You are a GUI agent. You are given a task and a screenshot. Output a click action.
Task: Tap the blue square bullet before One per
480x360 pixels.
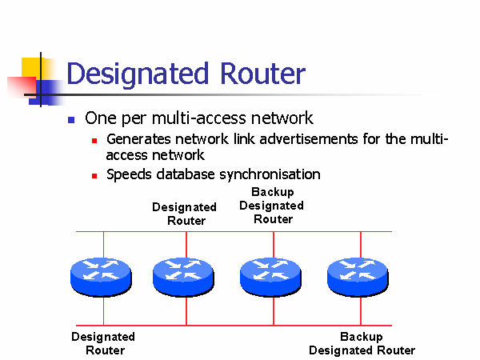pos(70,119)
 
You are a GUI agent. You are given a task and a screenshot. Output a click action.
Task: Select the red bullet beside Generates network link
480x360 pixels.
pos(94,141)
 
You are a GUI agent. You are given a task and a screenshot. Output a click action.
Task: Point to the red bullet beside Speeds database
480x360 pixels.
pos(94,175)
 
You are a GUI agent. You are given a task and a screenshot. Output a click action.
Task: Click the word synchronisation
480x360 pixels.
pos(267,174)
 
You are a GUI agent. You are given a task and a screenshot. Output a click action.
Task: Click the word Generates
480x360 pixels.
pos(138,140)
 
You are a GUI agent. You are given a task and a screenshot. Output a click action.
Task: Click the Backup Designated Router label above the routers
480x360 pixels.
pos(272,206)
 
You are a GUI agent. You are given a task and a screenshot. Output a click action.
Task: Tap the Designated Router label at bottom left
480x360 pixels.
pos(103,343)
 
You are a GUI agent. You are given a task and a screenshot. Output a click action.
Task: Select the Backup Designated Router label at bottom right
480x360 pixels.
pos(362,343)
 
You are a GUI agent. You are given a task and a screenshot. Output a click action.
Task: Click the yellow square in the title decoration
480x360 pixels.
pos(30,66)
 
